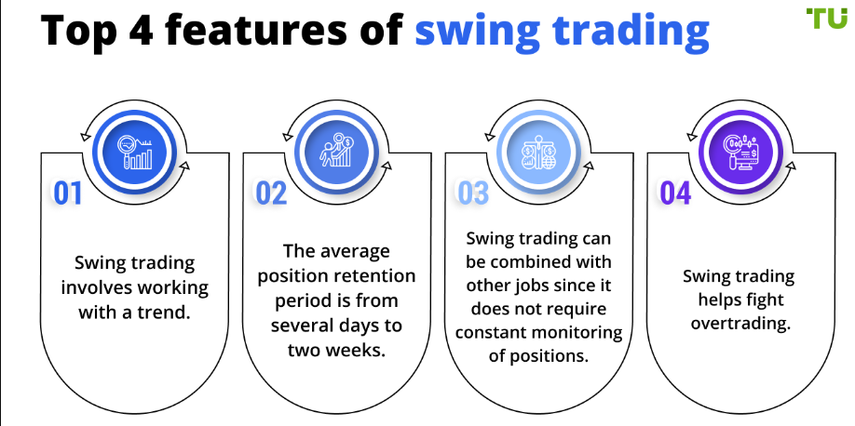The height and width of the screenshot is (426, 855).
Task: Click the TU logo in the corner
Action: tap(827, 18)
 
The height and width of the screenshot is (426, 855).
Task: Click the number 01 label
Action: tap(68, 193)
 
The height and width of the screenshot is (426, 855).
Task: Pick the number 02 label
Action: tap(271, 193)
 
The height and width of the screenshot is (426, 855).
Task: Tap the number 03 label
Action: tap(473, 193)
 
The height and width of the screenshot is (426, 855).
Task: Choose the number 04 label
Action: tap(675, 193)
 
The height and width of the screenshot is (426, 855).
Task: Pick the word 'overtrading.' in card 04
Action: tap(739, 324)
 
